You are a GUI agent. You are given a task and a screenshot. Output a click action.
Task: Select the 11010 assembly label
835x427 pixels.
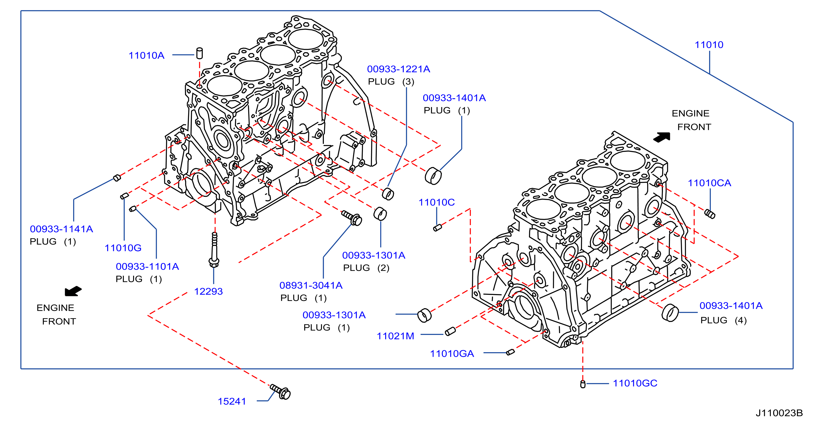point(709,45)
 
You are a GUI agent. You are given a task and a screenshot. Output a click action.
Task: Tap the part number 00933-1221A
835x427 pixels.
point(398,69)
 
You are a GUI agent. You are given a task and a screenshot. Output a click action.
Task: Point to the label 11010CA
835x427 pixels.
point(710,183)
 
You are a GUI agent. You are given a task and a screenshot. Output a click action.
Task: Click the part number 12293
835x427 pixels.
point(208,291)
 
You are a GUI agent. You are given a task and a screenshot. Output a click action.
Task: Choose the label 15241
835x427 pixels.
point(232,401)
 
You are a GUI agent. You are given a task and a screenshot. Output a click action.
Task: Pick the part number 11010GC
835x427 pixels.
point(635,383)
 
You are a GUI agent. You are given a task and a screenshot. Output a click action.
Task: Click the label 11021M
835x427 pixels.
point(395,336)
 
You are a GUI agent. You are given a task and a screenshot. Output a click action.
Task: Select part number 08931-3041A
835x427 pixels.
point(311,285)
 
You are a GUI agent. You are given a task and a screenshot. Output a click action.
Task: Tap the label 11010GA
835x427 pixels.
point(452,354)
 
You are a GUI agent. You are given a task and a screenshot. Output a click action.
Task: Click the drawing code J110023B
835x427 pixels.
point(779,413)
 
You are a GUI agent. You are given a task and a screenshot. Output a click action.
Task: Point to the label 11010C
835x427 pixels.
point(437,202)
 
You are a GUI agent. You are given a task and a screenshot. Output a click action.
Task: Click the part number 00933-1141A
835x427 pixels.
point(61,229)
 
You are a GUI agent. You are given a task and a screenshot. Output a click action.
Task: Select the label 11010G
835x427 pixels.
point(123,248)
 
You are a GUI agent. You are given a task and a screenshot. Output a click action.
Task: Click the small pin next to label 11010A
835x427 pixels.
point(200,54)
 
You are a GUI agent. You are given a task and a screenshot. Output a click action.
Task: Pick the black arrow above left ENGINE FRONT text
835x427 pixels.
point(73,291)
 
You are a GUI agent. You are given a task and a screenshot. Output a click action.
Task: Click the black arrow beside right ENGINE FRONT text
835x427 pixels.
point(662,137)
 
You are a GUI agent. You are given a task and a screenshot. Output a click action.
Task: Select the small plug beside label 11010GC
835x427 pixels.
point(583,384)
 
